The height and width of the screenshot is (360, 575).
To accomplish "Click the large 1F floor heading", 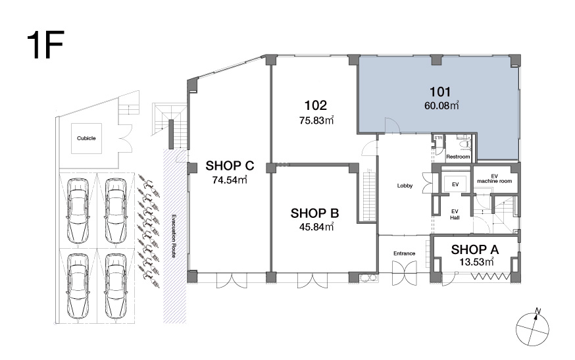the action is coord(45,45).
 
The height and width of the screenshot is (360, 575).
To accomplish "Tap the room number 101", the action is coord(440,91).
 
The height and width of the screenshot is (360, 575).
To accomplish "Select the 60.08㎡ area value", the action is coord(441,106).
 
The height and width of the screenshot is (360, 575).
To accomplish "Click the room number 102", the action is coord(315,106).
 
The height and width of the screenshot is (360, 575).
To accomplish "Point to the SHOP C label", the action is coord(230,166).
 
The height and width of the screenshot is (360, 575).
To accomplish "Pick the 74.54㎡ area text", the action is coord(230,180).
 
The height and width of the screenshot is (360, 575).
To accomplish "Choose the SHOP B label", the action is coord(314,213).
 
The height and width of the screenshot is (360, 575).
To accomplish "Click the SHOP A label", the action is coord(474,249).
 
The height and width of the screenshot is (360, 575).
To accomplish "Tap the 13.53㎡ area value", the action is coord(476,263).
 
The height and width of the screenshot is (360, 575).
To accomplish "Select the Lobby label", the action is coord(405,186).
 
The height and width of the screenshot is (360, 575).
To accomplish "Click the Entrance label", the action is coord(404,253).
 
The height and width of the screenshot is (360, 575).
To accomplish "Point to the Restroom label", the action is coord(458,157).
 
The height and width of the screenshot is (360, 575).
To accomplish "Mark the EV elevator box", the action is coord(455,184).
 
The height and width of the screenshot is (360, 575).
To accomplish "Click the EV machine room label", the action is coord(494,179).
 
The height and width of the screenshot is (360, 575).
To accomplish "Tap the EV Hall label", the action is coord(455,215).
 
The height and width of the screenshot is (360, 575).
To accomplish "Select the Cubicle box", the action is coord(86,138).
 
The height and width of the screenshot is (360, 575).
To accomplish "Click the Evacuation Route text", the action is coord(174,236).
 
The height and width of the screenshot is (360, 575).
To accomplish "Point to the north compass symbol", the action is coord(532,327).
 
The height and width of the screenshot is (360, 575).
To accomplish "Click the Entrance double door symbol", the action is coord(405,273).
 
